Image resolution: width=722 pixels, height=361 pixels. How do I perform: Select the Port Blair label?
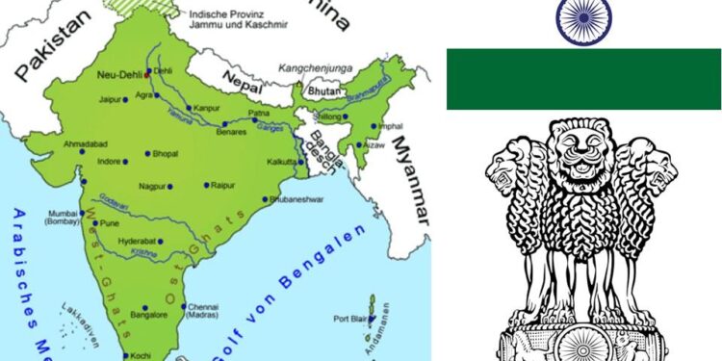[351, 319]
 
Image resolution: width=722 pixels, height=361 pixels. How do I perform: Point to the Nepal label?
[254, 84]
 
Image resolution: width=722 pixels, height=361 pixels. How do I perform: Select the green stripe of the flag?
[583, 80]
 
